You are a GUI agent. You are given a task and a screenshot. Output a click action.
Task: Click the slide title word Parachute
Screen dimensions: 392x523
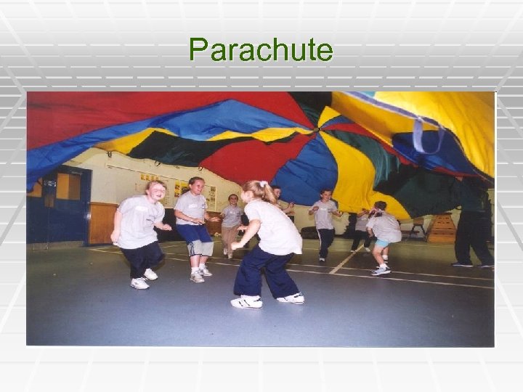[261, 50]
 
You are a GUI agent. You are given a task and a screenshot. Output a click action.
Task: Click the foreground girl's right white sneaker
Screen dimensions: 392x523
[291, 298]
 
